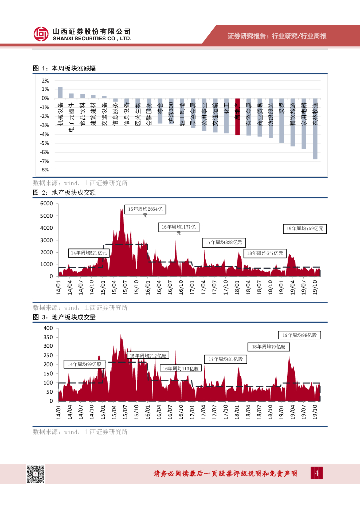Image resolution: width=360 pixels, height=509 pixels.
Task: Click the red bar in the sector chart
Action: coord(238,117)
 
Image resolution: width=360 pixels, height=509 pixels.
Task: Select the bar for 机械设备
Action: coord(60,92)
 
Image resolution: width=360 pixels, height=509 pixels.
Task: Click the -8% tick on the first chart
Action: coord(45,170)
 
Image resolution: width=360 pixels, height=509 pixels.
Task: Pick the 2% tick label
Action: coord(45,81)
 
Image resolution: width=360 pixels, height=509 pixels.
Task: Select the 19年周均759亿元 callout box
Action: coord(304,229)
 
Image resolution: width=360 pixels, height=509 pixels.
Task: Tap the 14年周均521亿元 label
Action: coord(89,253)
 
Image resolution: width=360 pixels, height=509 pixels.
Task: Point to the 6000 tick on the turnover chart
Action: coord(46,204)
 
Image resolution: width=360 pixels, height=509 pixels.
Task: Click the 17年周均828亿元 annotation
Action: coord(224,242)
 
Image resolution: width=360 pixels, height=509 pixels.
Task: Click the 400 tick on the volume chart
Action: coord(48,329)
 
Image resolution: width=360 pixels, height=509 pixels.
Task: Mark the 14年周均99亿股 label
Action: coord(85,364)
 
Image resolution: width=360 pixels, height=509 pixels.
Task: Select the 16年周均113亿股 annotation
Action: coord(181,369)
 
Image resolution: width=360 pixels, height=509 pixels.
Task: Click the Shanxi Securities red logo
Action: coord(40,34)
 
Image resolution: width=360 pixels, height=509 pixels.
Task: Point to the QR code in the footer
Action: coord(35,474)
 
